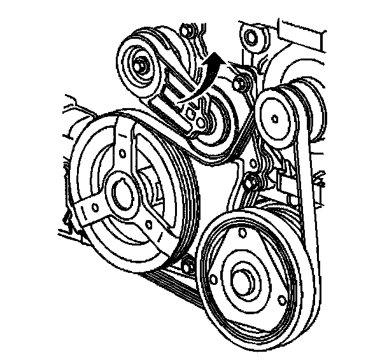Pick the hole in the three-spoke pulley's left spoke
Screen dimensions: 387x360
(93, 207)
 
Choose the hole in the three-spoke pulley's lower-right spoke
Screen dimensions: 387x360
(148, 224)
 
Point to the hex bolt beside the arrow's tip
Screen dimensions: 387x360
(239, 81)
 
